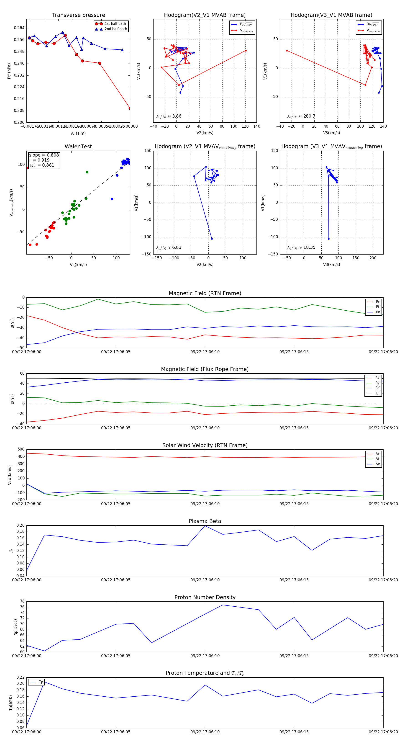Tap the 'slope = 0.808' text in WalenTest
[44, 155]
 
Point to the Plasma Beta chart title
[205, 521]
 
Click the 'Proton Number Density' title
[205, 597]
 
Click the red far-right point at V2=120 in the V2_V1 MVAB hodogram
[246, 51]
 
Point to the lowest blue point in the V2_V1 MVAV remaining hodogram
[212, 239]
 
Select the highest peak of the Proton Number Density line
[223, 605]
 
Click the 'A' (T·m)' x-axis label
[78, 133]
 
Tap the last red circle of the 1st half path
[130, 108]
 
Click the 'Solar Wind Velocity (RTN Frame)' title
[205, 445]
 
